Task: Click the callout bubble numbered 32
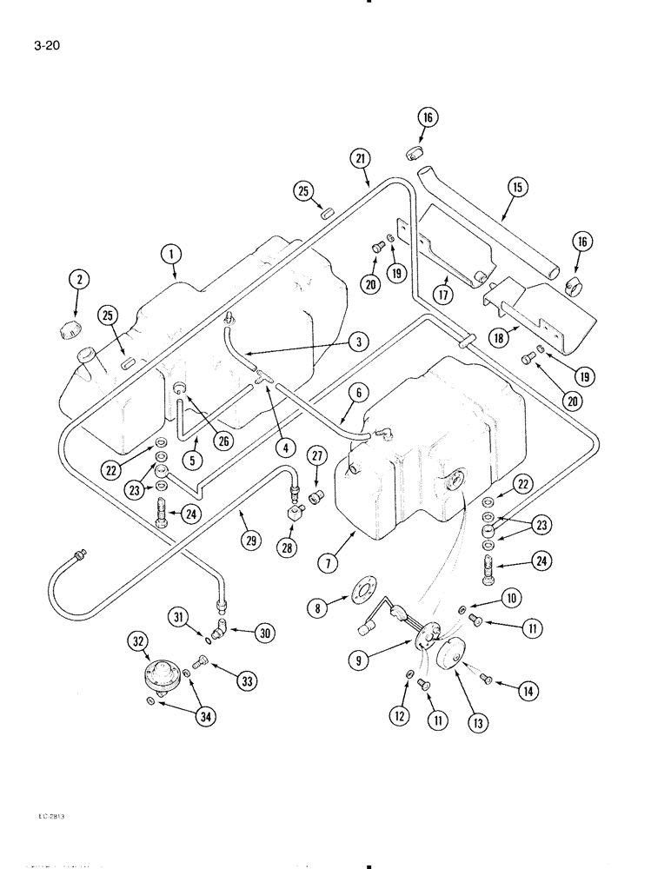pyautogui.click(x=137, y=642)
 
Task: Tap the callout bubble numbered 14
pyautogui.click(x=527, y=691)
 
